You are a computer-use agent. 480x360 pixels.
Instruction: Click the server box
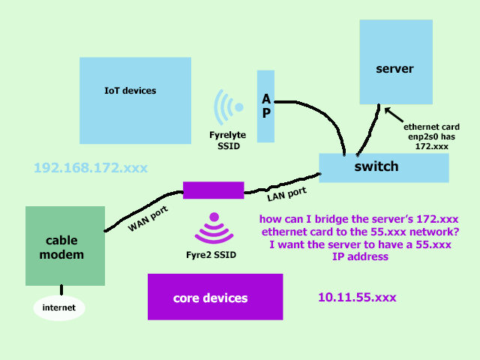pyautogui.click(x=395, y=61)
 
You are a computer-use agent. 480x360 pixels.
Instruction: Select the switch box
pyautogui.click(x=383, y=166)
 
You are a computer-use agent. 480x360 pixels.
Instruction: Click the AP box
pyautogui.click(x=266, y=106)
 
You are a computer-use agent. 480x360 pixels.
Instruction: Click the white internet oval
pyautogui.click(x=59, y=307)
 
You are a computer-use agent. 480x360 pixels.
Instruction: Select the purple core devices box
pyautogui.click(x=214, y=298)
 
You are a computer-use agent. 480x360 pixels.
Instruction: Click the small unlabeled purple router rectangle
pyautogui.click(x=213, y=190)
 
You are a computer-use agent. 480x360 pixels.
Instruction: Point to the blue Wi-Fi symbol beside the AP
pyautogui.click(x=228, y=107)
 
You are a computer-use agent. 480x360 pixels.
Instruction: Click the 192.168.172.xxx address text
pyautogui.click(x=91, y=166)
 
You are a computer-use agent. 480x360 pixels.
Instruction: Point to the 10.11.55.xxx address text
pyautogui.click(x=357, y=298)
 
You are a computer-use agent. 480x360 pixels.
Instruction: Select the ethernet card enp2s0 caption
pyautogui.click(x=431, y=136)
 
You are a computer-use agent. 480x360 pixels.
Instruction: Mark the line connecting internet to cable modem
pyautogui.click(x=61, y=292)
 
